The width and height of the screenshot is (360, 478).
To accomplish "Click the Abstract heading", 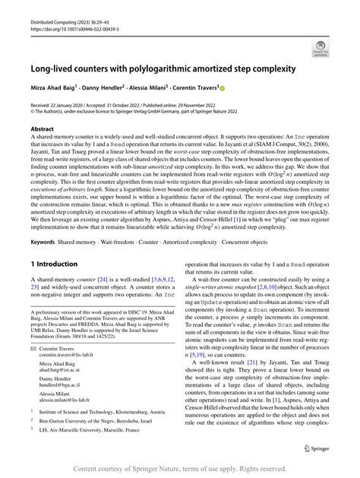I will click(x=43, y=130).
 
